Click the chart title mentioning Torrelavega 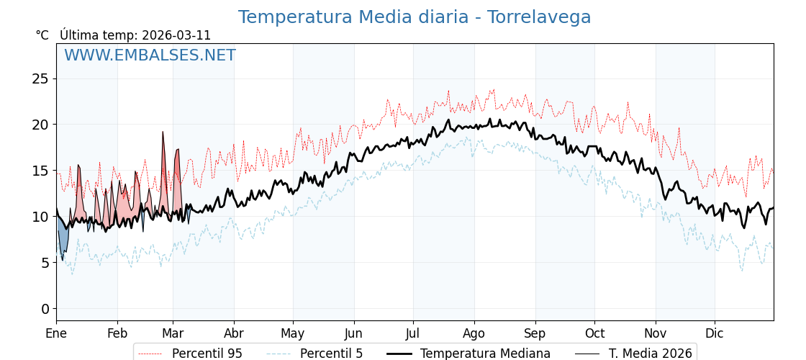click(414, 17)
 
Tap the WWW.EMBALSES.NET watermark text click(150, 55)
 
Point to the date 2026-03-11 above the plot click(176, 35)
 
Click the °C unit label click(42, 35)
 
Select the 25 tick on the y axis click(40, 78)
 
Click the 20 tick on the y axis click(40, 125)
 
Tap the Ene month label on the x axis click(56, 333)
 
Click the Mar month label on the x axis click(173, 333)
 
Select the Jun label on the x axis click(353, 333)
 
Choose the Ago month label click(474, 333)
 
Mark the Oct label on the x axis click(594, 333)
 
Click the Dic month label click(715, 333)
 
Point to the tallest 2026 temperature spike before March click(163, 133)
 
